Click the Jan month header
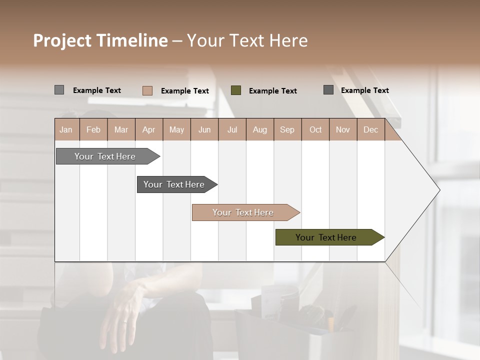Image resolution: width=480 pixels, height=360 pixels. point(66,130)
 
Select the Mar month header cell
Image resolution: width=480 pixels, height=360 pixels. point(121,130)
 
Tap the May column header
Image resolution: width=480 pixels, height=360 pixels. point(176,130)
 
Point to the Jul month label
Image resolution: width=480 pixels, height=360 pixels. point(232,130)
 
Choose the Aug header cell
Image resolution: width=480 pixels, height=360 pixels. point(260,130)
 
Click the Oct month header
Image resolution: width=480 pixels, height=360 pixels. point(315,130)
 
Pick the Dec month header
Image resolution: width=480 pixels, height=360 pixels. point(370,130)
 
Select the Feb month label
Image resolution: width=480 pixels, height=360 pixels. point(93,130)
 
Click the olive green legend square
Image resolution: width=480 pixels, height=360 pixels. point(236,90)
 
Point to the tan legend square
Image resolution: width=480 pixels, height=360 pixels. point(147,90)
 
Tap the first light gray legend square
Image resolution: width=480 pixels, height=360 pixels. point(59,90)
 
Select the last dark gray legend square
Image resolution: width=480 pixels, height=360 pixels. point(328,90)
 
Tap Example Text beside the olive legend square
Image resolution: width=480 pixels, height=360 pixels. point(272,91)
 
